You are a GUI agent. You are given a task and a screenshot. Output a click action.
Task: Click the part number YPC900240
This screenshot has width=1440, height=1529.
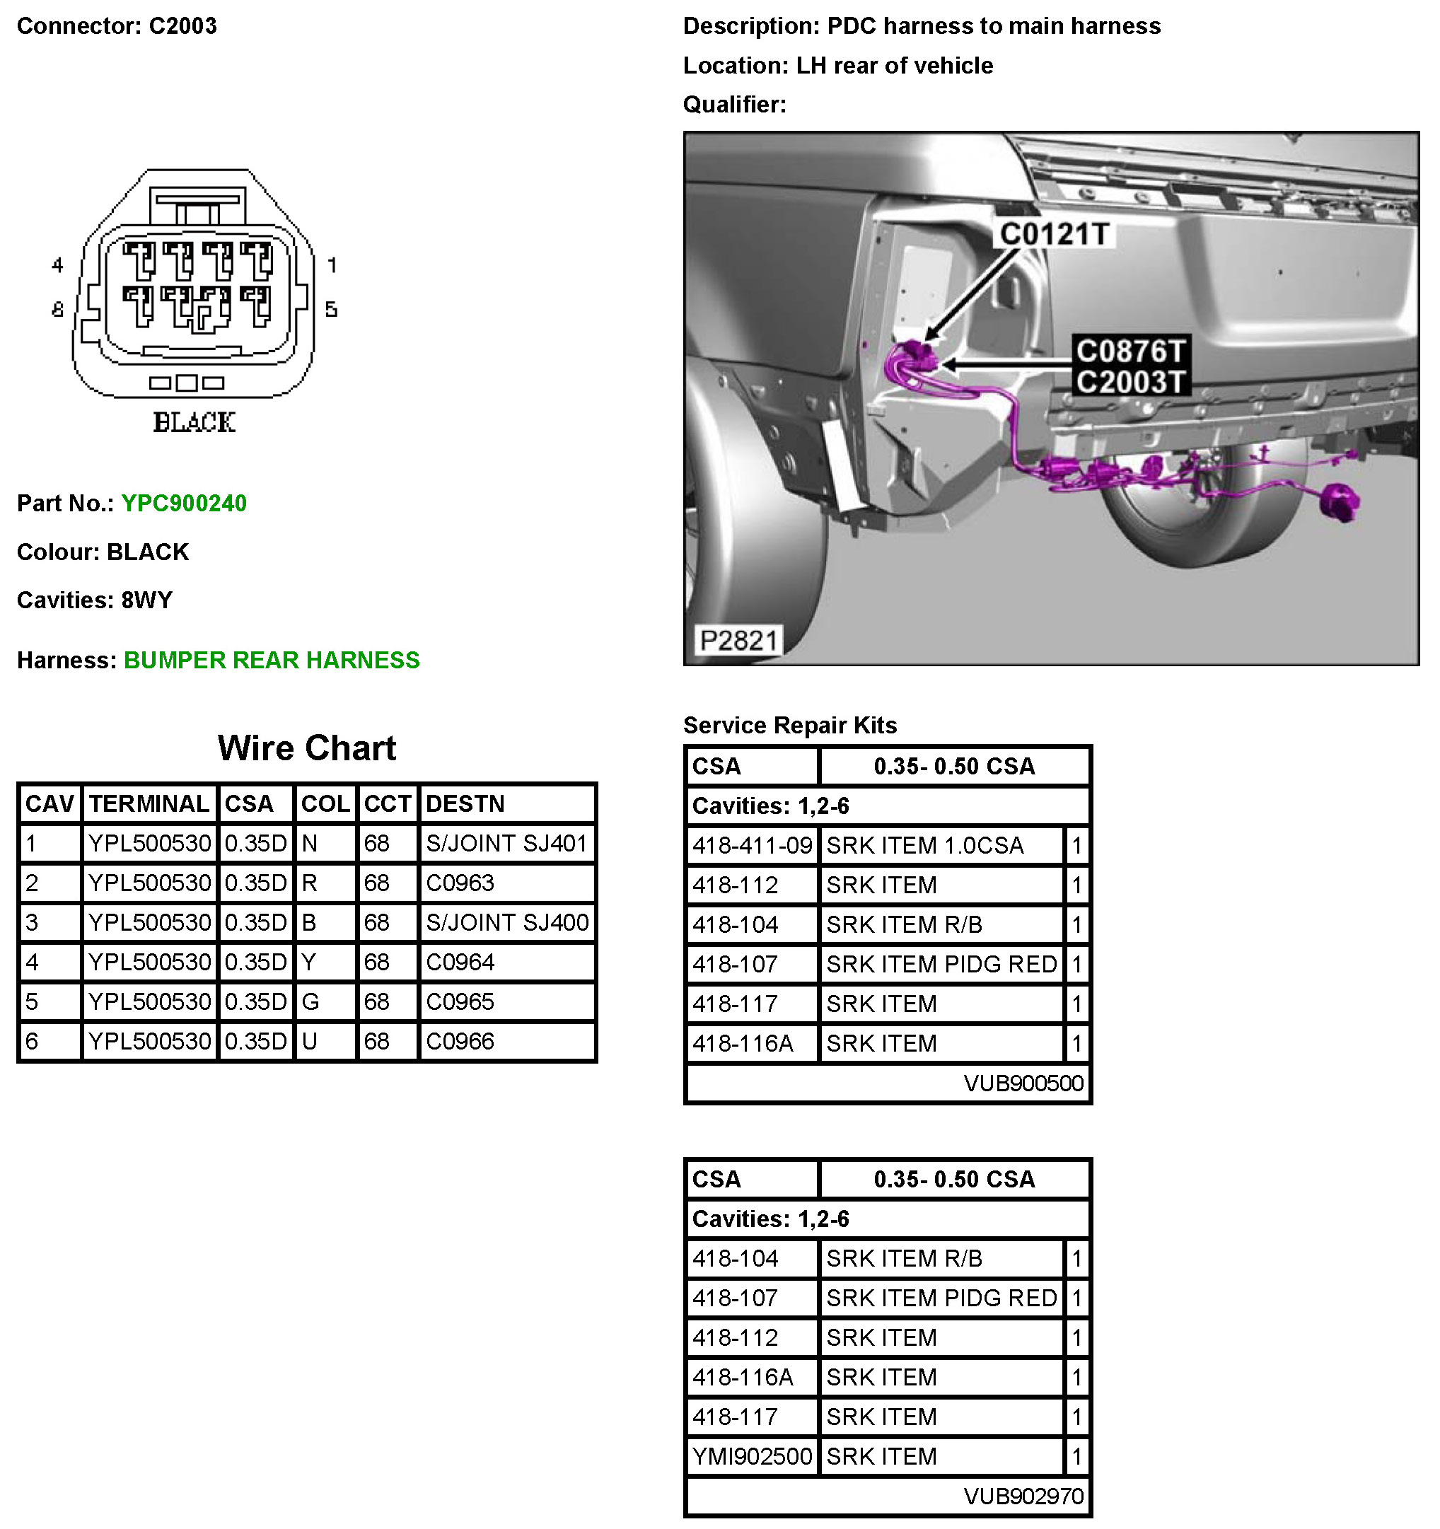click(184, 503)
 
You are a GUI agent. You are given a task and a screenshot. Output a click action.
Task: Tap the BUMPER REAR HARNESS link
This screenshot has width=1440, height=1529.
click(272, 660)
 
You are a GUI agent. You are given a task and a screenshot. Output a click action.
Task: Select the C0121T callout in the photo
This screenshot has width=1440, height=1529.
click(1053, 234)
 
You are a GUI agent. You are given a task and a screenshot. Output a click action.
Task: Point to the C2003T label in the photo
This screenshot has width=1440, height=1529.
click(1130, 381)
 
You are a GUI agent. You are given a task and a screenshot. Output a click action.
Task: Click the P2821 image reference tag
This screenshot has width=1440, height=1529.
click(738, 640)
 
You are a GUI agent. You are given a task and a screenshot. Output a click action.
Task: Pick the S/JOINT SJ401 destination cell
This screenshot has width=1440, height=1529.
click(507, 844)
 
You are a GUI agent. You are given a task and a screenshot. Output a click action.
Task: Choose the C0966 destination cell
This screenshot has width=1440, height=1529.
click(460, 1042)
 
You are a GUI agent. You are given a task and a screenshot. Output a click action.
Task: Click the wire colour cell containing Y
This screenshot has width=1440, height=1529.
click(309, 962)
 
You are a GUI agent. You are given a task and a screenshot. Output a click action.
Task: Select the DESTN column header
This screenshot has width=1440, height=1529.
click(465, 803)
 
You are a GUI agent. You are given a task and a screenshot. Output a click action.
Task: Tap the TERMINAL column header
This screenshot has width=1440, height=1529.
click(149, 803)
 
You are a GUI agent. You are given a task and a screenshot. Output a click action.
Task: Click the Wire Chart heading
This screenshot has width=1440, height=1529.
click(307, 748)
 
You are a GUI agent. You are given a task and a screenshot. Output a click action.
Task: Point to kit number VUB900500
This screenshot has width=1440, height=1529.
click(1023, 1083)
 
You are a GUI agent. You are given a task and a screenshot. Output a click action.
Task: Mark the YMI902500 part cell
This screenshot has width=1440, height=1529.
click(752, 1456)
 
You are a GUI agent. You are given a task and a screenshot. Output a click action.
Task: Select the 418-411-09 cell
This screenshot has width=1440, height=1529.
click(752, 846)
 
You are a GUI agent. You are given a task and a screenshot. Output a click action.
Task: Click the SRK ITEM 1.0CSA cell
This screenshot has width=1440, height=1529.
click(924, 846)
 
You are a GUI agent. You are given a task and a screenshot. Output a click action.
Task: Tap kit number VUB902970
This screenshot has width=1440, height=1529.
click(1023, 1496)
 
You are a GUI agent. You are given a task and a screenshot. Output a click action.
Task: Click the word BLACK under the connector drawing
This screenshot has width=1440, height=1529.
click(194, 422)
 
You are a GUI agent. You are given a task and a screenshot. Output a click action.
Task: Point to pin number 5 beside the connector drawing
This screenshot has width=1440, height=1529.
click(331, 309)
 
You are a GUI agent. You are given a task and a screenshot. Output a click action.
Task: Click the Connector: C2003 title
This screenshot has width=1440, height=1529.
click(117, 26)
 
